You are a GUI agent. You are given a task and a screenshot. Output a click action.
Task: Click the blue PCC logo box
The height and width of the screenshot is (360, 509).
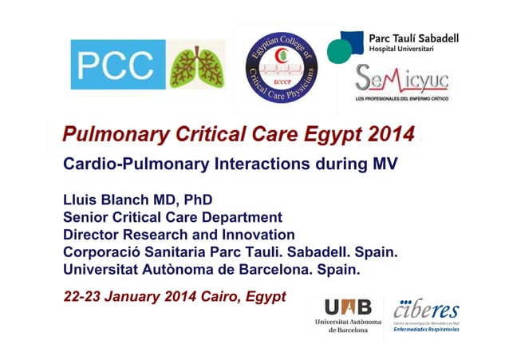117,65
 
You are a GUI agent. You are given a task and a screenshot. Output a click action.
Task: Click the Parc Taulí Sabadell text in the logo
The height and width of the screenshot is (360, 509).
413,38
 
